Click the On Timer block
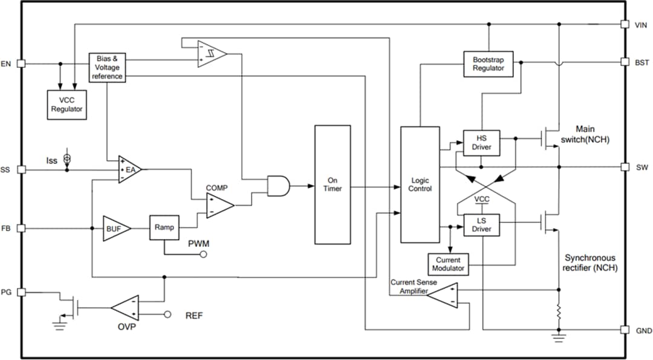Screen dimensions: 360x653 pyautogui.click(x=332, y=185)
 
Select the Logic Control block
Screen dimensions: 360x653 pyautogui.click(x=420, y=185)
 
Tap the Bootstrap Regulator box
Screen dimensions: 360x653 pyautogui.click(x=488, y=64)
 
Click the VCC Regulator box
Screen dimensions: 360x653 pyautogui.click(x=66, y=105)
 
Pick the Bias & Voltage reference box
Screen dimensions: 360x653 pyautogui.click(x=107, y=68)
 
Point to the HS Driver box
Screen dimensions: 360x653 pyautogui.click(x=481, y=143)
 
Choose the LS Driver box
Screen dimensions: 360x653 pyautogui.click(x=481, y=225)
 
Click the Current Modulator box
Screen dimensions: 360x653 pyautogui.click(x=449, y=264)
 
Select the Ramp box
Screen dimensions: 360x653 pyautogui.click(x=164, y=227)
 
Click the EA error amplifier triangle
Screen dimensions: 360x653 pyautogui.click(x=129, y=170)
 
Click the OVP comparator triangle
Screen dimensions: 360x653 pyautogui.click(x=126, y=308)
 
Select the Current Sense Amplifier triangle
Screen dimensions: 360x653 pyautogui.click(x=444, y=295)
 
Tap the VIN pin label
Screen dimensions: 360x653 pyautogui.click(x=641, y=25)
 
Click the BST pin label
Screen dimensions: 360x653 pyautogui.click(x=642, y=62)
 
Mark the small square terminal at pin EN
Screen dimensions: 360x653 pyautogui.click(x=21, y=63)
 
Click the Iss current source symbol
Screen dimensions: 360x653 pyautogui.click(x=67, y=159)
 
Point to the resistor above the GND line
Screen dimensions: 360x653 pyautogui.click(x=558, y=312)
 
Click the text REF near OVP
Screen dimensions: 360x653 pyautogui.click(x=193, y=315)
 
